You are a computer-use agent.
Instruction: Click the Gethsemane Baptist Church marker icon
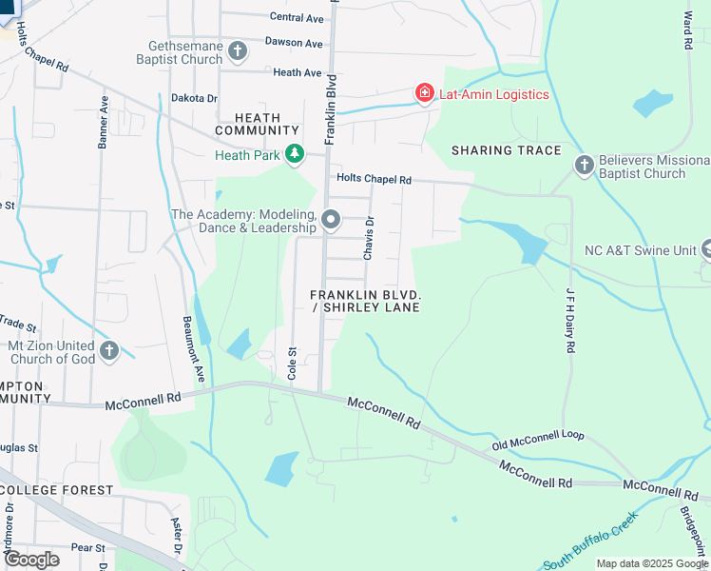pyautogui.click(x=238, y=49)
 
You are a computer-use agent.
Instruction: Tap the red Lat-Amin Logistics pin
pyautogui.click(x=425, y=93)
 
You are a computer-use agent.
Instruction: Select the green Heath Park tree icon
pyautogui.click(x=295, y=154)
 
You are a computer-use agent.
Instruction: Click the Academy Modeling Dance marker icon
pyautogui.click(x=331, y=220)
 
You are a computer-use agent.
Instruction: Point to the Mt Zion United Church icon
pyautogui.click(x=109, y=351)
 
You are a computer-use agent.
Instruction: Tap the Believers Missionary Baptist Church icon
pyautogui.click(x=585, y=166)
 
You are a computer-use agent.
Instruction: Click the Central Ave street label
pyautogui.click(x=297, y=17)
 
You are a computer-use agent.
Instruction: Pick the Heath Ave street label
pyautogui.click(x=297, y=72)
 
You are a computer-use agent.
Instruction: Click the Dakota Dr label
pyautogui.click(x=194, y=97)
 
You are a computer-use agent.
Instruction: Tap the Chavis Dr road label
pyautogui.click(x=369, y=238)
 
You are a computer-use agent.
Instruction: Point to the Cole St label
pyautogui.click(x=293, y=364)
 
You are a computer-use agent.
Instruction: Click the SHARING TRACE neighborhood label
pyautogui.click(x=506, y=150)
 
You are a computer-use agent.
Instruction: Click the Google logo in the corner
pyautogui.click(x=30, y=560)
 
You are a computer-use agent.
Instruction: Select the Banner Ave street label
pyautogui.click(x=104, y=121)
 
